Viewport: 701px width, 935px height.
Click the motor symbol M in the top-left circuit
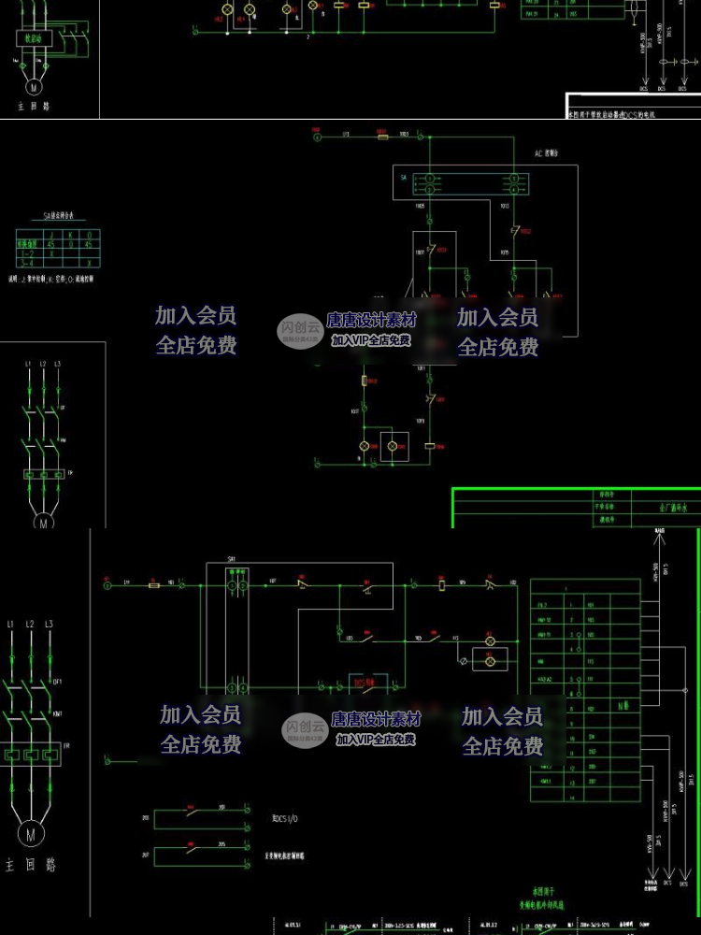click(x=33, y=86)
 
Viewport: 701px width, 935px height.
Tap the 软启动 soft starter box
click(x=33, y=37)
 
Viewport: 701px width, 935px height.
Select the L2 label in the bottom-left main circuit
click(x=29, y=624)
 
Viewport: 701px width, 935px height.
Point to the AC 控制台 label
click(x=546, y=152)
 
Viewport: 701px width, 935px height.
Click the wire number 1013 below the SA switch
click(x=506, y=204)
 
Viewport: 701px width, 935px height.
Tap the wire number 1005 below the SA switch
click(x=421, y=204)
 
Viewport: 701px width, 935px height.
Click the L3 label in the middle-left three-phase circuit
click(x=58, y=363)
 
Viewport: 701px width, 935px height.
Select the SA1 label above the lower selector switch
click(x=232, y=558)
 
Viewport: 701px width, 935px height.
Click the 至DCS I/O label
click(x=285, y=818)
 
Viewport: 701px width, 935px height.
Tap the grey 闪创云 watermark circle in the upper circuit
click(x=299, y=328)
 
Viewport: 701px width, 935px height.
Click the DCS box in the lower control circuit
click(x=365, y=683)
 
